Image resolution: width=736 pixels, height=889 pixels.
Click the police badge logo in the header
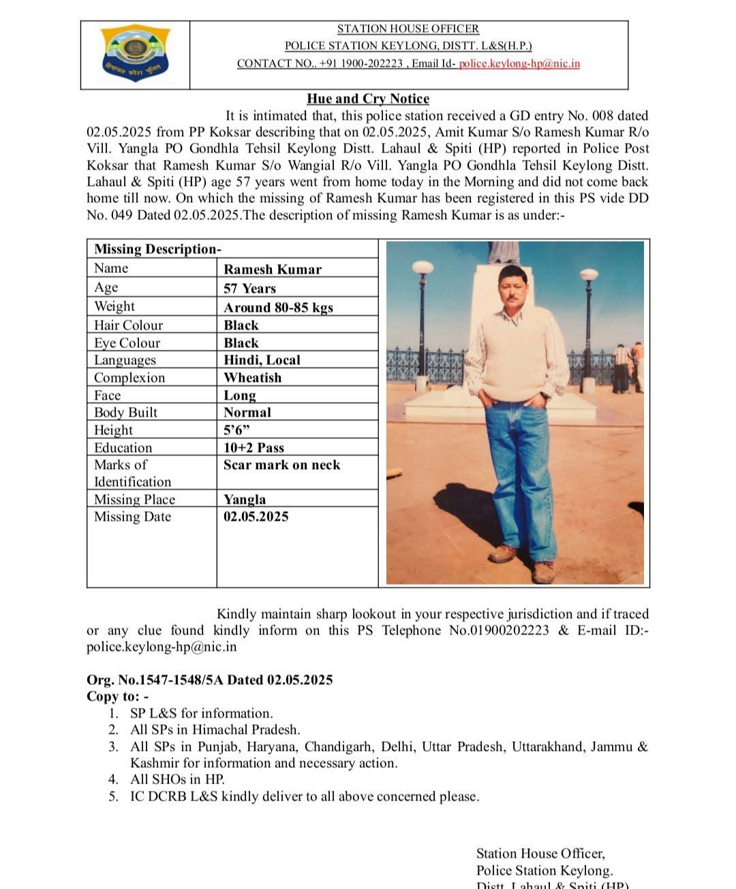pos(135,54)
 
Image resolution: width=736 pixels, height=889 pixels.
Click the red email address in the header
pos(519,63)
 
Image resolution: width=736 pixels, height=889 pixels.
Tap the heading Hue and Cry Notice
pos(368,99)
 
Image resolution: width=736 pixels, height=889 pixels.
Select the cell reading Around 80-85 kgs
pos(278,307)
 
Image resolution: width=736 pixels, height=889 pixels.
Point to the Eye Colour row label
pos(127,343)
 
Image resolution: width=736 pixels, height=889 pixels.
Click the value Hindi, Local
pos(262,360)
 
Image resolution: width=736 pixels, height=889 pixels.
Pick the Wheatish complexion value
pos(252,378)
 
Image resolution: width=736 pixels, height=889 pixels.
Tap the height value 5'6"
pos(236,430)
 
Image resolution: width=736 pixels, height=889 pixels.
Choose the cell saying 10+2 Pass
pos(254,448)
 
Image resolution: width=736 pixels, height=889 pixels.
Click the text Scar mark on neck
pos(281,465)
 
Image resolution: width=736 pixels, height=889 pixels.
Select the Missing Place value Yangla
pos(245,500)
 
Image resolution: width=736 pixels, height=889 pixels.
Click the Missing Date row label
pos(132,517)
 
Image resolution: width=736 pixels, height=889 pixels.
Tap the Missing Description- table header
pos(157,249)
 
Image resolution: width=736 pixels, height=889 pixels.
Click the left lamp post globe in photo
pos(423,265)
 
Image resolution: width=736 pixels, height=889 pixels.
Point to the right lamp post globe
pos(589,275)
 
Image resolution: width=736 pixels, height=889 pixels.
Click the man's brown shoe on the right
pos(542,573)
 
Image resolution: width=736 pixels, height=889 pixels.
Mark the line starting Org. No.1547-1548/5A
pos(209,680)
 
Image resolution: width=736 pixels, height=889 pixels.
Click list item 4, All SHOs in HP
pos(177,779)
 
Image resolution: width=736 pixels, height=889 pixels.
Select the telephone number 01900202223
pos(499,630)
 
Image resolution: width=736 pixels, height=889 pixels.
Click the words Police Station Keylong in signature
pos(544,871)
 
